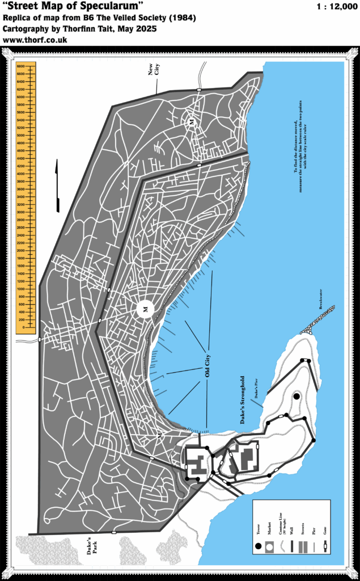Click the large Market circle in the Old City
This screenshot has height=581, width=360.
[x=145, y=309]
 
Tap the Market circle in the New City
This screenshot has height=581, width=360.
[x=192, y=122]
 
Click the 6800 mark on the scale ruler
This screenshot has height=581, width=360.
[x=20, y=66]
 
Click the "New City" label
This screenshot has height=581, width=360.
[x=154, y=70]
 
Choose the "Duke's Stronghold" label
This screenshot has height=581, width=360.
[x=242, y=399]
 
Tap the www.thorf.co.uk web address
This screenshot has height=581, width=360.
[x=35, y=40]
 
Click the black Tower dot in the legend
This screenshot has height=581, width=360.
[x=259, y=546]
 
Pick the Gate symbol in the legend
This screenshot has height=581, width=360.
[x=325, y=548]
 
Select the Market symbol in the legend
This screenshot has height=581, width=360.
[x=269, y=548]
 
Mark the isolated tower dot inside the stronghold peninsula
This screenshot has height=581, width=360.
[x=296, y=397]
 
